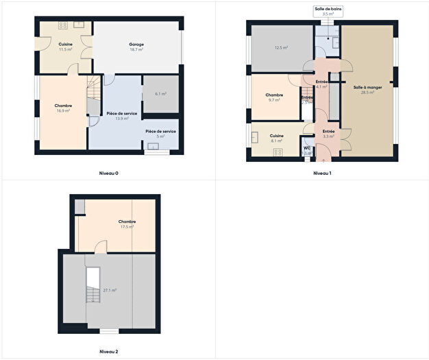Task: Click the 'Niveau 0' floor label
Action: pyautogui.click(x=109, y=173)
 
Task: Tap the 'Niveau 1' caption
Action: pyautogui.click(x=322, y=173)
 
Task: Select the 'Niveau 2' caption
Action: pyautogui.click(x=109, y=352)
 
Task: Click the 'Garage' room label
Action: pyautogui.click(x=136, y=45)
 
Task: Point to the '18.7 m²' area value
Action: pyautogui.click(x=136, y=50)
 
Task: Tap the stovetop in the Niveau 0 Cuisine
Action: pyautogui.click(x=62, y=25)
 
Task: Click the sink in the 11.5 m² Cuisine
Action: pyautogui.click(x=79, y=25)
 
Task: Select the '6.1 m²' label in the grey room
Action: pyautogui.click(x=161, y=93)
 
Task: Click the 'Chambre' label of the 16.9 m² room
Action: pyautogui.click(x=63, y=105)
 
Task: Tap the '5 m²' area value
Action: pyautogui.click(x=160, y=136)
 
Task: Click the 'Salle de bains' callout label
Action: pyautogui.click(x=328, y=8)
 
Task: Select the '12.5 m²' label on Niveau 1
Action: pyautogui.click(x=281, y=48)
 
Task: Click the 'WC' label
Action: pyautogui.click(x=307, y=147)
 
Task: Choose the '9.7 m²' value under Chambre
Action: pyautogui.click(x=274, y=100)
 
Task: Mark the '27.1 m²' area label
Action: pyautogui.click(x=110, y=290)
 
